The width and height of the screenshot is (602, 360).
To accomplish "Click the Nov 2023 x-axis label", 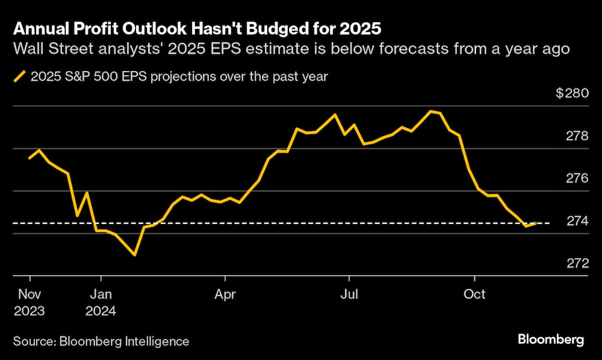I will [29, 303].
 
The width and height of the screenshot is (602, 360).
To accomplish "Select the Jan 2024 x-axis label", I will [101, 303].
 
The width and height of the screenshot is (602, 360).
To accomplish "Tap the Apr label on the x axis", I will [225, 295].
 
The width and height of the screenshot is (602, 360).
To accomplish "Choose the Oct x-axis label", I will [474, 295].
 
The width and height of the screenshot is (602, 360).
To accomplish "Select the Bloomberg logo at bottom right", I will [551, 340].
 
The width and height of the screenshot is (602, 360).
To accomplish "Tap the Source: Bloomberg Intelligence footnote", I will [101, 341].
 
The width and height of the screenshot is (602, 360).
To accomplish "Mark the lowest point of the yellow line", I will [134, 255].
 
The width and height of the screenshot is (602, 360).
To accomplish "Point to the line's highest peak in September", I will [430, 111].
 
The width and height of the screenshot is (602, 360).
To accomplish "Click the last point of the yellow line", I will [536, 223].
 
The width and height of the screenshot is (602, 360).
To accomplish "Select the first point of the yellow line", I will [29, 158].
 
